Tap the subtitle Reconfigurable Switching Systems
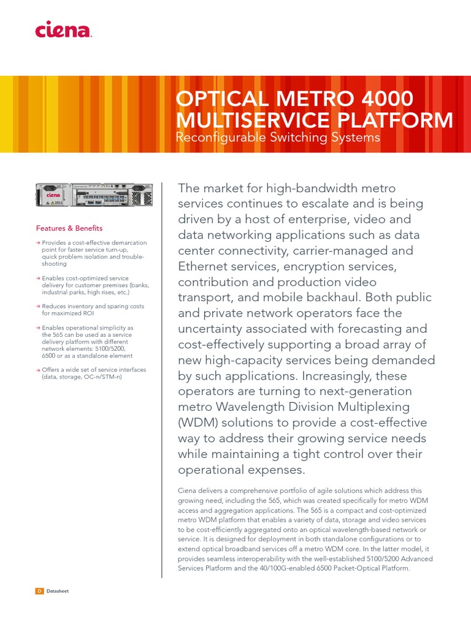[278, 138]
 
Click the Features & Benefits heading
[69, 228]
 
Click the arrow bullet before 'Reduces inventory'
[38, 306]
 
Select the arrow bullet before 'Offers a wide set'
[38, 370]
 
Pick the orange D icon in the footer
[39, 591]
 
